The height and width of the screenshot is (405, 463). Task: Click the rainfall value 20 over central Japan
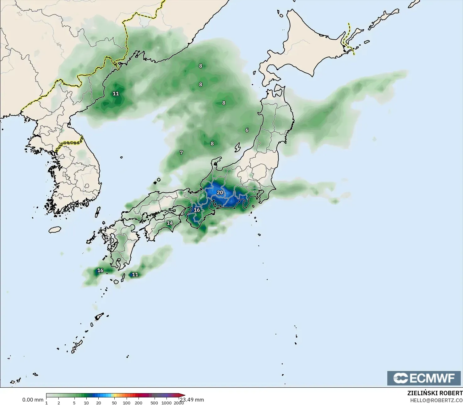tap(220, 193)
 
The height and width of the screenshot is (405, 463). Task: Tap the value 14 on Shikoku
tap(170, 223)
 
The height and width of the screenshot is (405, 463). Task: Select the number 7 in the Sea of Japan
tap(181, 153)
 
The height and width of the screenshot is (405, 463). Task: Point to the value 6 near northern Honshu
tap(247, 130)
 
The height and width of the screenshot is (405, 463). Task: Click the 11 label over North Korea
tap(116, 93)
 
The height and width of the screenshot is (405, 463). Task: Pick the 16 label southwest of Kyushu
tap(100, 270)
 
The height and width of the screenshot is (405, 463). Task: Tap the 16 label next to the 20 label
tap(197, 210)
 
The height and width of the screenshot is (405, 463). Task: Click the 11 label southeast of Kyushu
tap(135, 274)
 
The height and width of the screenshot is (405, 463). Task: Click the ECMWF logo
tap(424, 378)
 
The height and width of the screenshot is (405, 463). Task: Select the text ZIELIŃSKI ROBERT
tap(435, 393)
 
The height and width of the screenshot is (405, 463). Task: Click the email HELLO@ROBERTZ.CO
tap(436, 400)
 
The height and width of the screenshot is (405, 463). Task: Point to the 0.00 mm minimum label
tap(33, 400)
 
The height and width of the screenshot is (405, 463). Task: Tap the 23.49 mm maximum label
tap(192, 400)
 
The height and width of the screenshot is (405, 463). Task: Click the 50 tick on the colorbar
tap(114, 403)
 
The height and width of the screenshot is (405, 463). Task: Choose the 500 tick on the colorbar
tap(154, 403)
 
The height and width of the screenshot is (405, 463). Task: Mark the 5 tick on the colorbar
tap(74, 403)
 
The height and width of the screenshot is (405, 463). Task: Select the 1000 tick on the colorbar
tap(166, 403)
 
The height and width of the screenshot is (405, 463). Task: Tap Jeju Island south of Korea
tap(55, 230)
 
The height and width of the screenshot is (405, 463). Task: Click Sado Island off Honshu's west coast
tap(237, 147)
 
